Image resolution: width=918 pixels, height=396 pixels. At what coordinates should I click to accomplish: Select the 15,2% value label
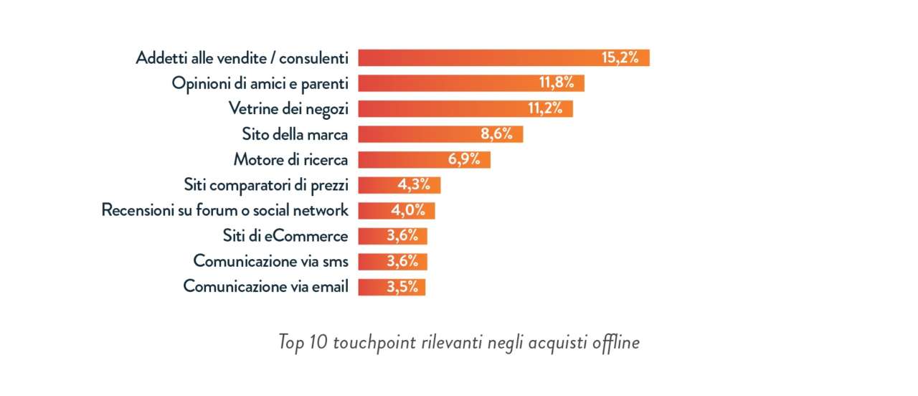pyautogui.click(x=620, y=58)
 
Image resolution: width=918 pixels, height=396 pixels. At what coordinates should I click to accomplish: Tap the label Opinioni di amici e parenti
pyautogui.click(x=260, y=83)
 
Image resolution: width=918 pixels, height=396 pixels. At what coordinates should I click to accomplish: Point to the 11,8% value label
pyautogui.click(x=557, y=83)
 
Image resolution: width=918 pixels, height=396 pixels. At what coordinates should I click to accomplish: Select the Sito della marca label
pyautogui.click(x=295, y=134)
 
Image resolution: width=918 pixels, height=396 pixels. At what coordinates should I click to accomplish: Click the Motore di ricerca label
pyautogui.click(x=291, y=160)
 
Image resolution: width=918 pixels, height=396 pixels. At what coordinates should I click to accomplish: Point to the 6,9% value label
pyautogui.click(x=464, y=160)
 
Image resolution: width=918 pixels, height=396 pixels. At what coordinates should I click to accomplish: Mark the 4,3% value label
pyautogui.click(x=414, y=185)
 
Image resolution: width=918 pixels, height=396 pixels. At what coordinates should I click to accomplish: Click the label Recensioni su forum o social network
pyautogui.click(x=225, y=211)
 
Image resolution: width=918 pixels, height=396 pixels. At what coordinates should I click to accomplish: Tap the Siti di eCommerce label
pyautogui.click(x=285, y=236)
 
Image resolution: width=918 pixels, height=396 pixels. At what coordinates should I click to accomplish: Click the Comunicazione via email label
pyautogui.click(x=266, y=287)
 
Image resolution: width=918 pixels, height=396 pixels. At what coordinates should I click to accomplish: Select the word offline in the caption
pyautogui.click(x=615, y=343)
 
